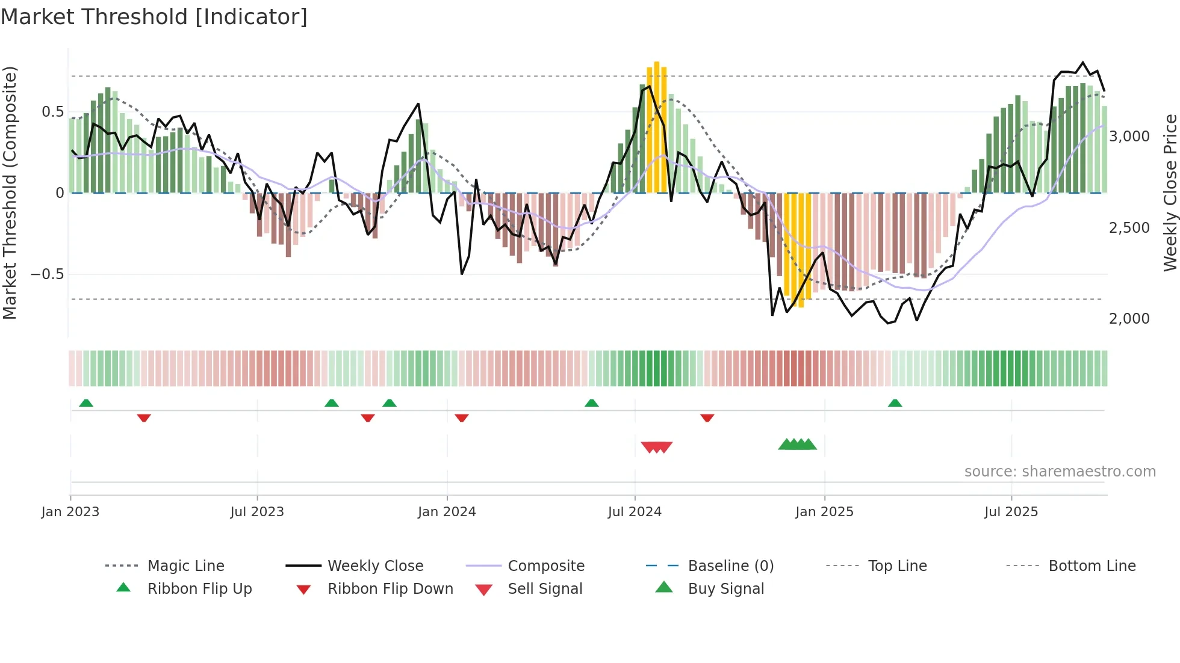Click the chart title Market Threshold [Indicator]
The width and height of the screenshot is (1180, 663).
click(x=154, y=17)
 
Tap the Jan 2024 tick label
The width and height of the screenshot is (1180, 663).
click(x=447, y=512)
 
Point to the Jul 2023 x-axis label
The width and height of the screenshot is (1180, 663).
click(x=257, y=512)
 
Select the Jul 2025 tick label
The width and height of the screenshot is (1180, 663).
click(x=1011, y=512)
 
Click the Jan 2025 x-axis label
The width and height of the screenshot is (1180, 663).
click(x=824, y=512)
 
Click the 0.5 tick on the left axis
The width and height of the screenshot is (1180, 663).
click(x=53, y=112)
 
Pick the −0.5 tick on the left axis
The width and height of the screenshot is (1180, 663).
click(x=48, y=274)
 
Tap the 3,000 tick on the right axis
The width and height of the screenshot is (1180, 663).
click(x=1129, y=137)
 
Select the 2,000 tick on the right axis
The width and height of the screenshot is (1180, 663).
click(x=1129, y=319)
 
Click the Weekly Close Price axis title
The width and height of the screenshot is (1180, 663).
click(x=1170, y=193)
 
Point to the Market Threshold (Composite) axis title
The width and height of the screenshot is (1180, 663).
click(x=10, y=193)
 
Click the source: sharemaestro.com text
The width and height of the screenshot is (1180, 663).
click(x=1060, y=472)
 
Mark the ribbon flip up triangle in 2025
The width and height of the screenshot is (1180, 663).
click(x=895, y=403)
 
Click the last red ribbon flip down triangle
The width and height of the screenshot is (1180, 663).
click(x=707, y=418)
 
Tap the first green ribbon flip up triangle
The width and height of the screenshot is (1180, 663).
click(x=86, y=403)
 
